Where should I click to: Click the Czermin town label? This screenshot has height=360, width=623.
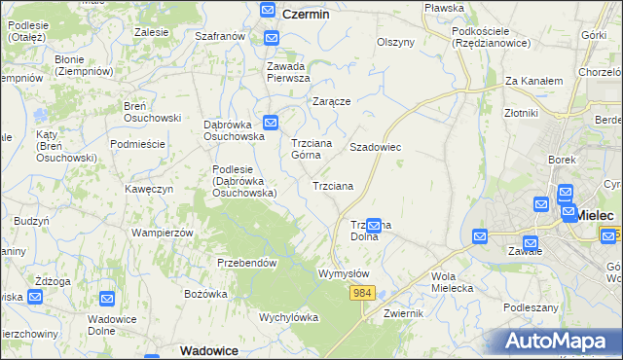pos(306,15)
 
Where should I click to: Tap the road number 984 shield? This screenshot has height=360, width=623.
pos(363,292)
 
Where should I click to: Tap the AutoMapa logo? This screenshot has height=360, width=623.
pos(558,342)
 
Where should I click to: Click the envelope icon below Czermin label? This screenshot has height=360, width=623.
pos(271,38)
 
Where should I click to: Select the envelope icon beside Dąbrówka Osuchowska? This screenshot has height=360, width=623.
pos(271,123)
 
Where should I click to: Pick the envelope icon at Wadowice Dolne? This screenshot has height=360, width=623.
pos(107,298)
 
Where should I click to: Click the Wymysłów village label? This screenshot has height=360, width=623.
pos(344,273)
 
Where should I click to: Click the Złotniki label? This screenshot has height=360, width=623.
pos(522,113)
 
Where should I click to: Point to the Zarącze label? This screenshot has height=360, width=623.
pos(331,100)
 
